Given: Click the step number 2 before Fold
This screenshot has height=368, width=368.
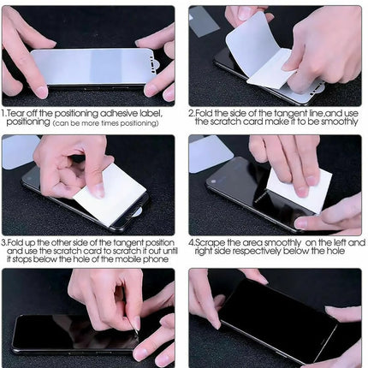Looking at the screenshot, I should coord(191,112).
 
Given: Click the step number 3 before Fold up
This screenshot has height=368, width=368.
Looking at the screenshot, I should coord(4,242).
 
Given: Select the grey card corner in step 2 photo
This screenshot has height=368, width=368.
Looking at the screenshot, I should coord(205,21).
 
